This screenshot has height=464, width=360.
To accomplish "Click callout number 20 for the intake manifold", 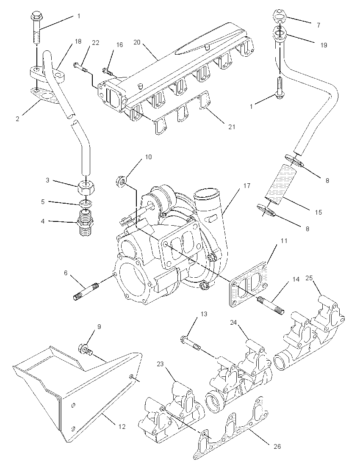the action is [137, 42].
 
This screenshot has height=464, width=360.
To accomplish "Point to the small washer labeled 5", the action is [86, 204].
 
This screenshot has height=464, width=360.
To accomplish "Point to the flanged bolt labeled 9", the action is [86, 349].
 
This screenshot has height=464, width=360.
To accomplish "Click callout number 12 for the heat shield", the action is [122, 426].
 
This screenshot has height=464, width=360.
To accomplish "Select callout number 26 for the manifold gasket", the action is [277, 446].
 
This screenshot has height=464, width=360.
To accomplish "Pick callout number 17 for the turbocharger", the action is [247, 185].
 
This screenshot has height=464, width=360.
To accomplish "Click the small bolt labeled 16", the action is [108, 71].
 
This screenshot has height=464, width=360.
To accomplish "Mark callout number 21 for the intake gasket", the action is [232, 126].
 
